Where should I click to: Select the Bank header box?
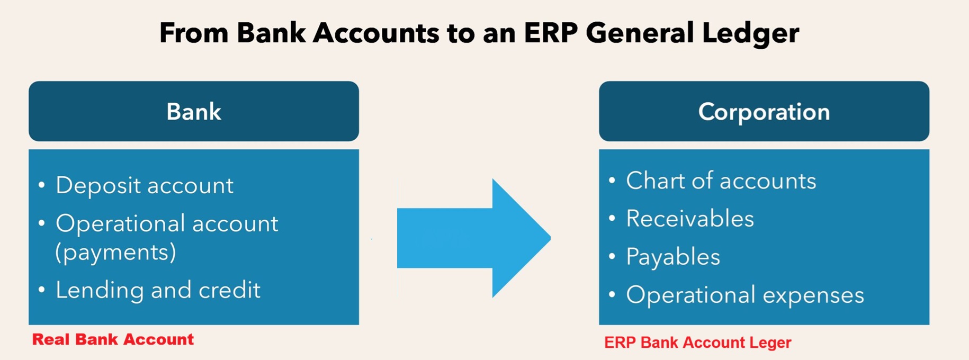click(x=194, y=111)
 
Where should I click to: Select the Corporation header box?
click(x=764, y=111)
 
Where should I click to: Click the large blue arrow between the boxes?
click(x=474, y=238)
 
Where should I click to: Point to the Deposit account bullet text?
click(x=145, y=185)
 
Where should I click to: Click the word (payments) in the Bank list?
click(x=115, y=252)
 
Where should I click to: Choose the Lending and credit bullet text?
click(x=158, y=290)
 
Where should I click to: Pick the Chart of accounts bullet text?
click(x=721, y=181)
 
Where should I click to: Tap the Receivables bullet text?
click(x=690, y=219)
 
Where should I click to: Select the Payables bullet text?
click(x=673, y=257)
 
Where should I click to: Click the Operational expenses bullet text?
click(x=745, y=295)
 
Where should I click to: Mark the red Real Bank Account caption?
click(x=113, y=339)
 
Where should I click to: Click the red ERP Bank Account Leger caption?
click(x=698, y=343)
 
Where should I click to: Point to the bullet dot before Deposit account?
click(x=42, y=185)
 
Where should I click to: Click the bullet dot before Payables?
click(x=612, y=257)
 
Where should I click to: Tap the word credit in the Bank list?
click(x=229, y=290)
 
